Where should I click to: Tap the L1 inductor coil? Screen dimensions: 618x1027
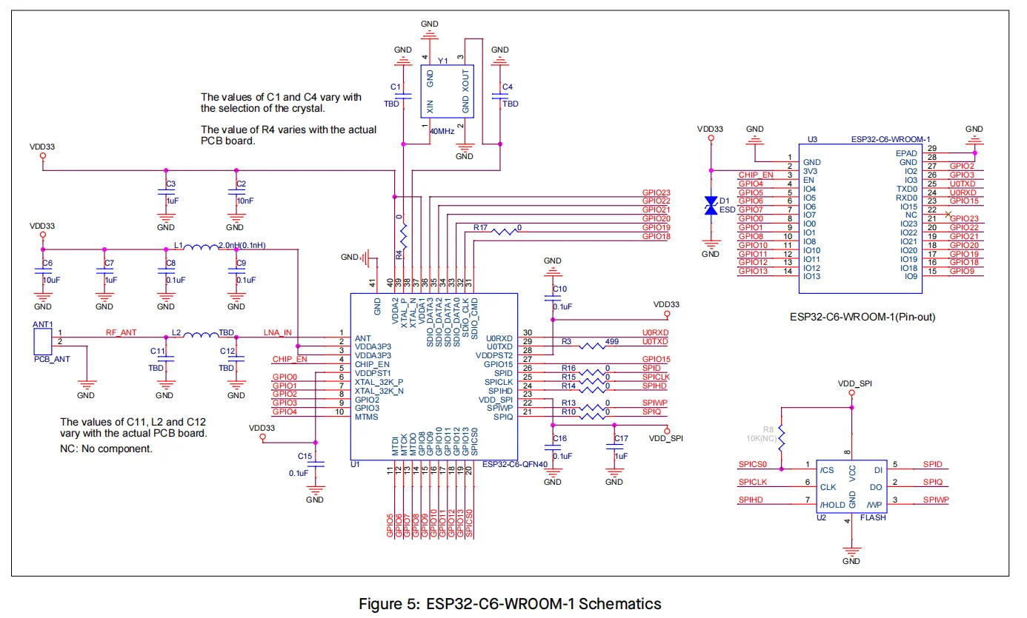(x=199, y=249)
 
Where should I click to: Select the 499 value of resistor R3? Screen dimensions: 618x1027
(x=612, y=341)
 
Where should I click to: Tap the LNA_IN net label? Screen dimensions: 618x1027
(x=278, y=332)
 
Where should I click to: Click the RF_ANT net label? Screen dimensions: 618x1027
(x=121, y=332)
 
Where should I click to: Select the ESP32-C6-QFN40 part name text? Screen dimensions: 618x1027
(x=514, y=465)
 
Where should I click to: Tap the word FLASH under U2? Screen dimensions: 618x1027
(x=873, y=518)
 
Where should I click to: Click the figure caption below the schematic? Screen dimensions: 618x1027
(x=509, y=604)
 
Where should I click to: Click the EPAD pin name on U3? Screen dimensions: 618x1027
(x=907, y=153)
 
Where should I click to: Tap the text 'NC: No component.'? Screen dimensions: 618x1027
(x=106, y=449)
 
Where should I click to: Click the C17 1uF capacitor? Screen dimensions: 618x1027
(x=614, y=447)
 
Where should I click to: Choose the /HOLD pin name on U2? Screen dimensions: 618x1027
(x=832, y=505)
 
